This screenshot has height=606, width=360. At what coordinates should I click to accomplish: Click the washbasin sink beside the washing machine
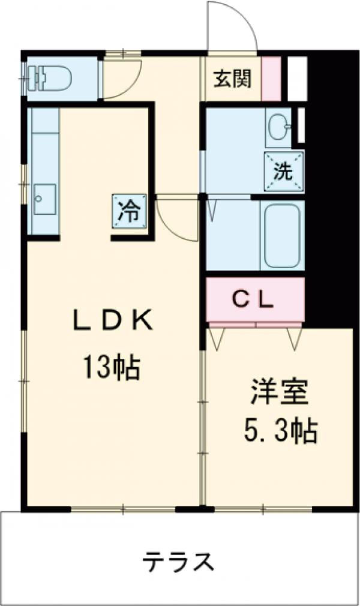[x=278, y=127]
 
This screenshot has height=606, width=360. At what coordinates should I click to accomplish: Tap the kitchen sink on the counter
[x=44, y=198]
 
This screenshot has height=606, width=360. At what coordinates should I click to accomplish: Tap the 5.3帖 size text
[x=280, y=430]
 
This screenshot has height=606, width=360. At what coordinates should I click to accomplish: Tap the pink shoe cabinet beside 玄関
[x=271, y=79]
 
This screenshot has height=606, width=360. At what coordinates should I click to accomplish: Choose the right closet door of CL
[x=294, y=337]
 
